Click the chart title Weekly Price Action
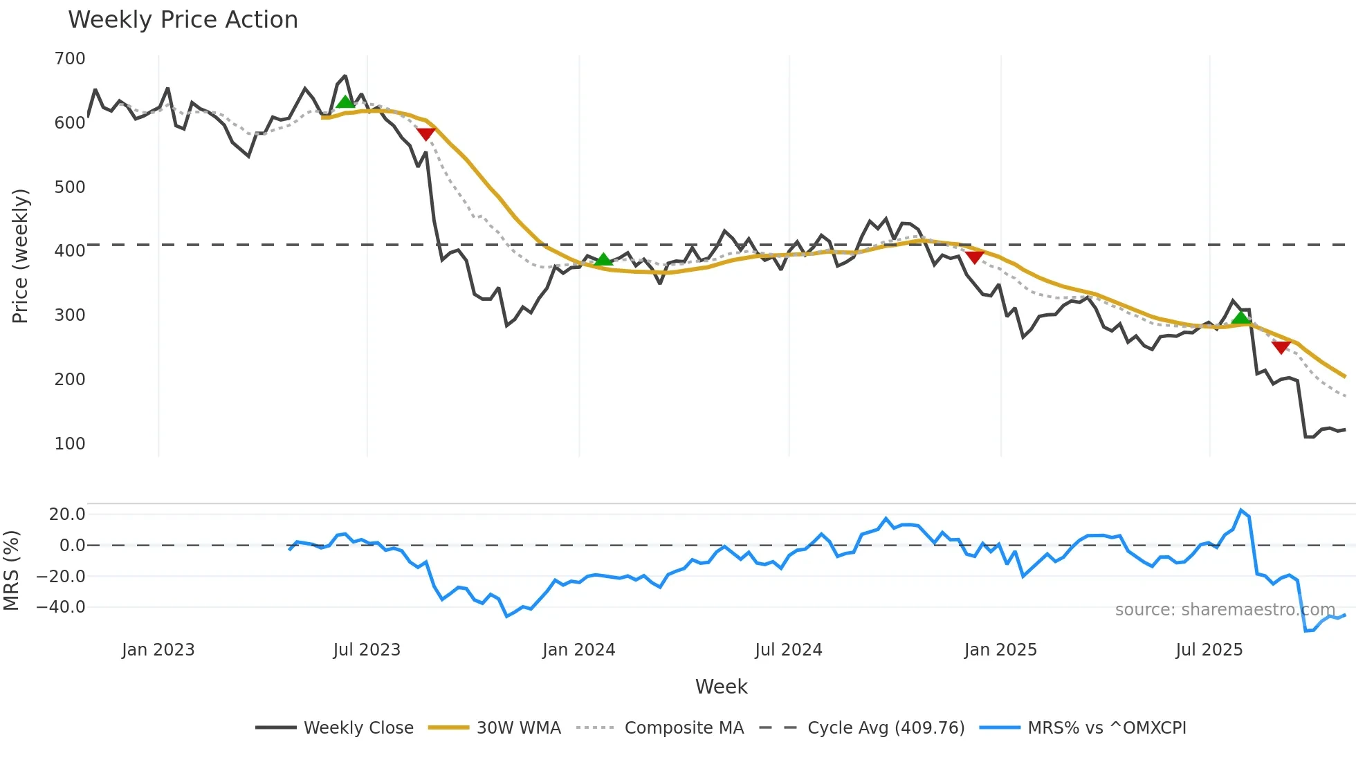183,20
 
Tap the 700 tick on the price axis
70,59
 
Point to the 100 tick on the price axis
70,444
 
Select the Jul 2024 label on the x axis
788,650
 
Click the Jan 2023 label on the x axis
158,650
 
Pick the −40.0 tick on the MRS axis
61,607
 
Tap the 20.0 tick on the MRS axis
67,514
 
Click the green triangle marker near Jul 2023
345,102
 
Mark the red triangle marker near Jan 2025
974,258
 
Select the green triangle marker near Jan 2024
603,259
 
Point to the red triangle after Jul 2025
1281,347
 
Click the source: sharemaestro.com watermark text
1225,610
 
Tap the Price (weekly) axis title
21,256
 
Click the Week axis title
721,687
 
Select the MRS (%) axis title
12,570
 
